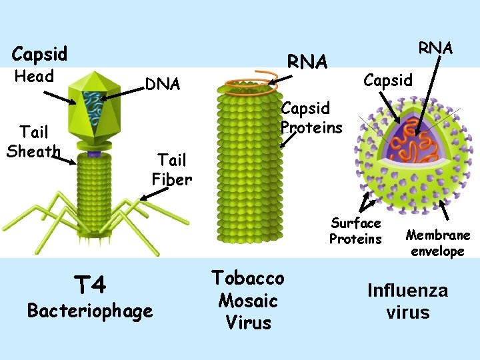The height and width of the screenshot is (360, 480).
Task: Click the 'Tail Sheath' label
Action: [33, 142]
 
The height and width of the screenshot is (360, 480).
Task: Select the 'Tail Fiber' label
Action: [172, 169]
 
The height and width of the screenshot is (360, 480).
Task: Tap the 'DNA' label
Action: [163, 84]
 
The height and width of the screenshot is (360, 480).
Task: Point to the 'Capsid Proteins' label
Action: [311, 117]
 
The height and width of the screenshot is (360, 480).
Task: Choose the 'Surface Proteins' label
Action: [356, 231]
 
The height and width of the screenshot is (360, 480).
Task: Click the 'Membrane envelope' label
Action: [438, 243]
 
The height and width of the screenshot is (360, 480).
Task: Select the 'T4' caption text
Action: [89, 285]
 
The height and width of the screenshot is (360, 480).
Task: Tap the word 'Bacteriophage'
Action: [89, 310]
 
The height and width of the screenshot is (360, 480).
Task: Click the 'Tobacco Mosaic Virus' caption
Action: [248, 300]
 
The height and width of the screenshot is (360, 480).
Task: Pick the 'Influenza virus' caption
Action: [408, 301]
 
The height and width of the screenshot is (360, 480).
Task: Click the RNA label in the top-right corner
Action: [435, 48]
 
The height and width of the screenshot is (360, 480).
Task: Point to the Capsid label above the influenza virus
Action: [388, 80]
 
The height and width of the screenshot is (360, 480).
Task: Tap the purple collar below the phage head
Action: [94, 155]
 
